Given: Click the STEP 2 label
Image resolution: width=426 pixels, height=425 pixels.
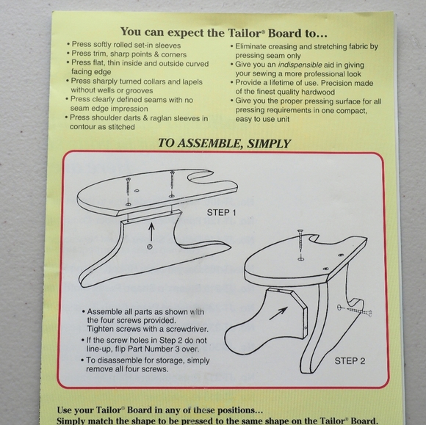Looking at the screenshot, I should tap(350, 360).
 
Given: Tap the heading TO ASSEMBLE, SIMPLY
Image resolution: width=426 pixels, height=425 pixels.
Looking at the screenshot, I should tap(225, 143).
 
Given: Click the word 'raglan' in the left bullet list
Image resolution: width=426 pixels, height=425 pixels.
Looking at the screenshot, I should tap(158, 117).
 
